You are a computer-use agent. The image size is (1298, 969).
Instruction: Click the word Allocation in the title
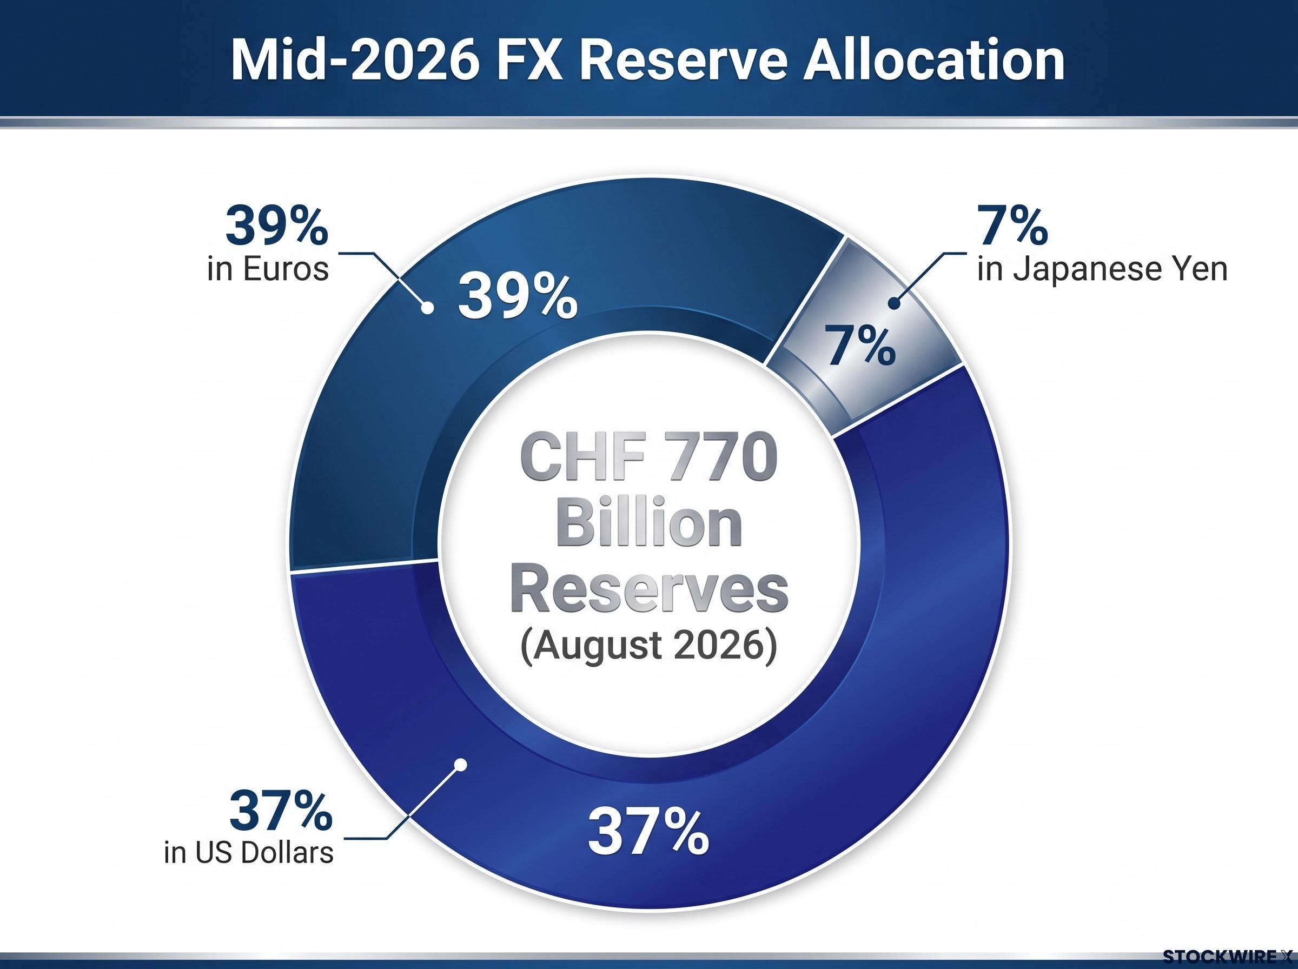[x=933, y=61]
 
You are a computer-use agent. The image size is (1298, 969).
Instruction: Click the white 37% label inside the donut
[x=648, y=831]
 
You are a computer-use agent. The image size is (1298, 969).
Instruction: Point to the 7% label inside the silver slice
[x=860, y=346]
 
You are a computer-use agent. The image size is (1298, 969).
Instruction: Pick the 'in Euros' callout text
[x=268, y=269]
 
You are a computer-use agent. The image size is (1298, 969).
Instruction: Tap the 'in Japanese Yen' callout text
[x=1102, y=269]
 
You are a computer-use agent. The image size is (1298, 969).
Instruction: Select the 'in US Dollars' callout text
[x=249, y=852]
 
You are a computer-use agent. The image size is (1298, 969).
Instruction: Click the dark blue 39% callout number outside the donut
[x=277, y=225]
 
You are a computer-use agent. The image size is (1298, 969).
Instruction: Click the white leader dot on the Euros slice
[x=428, y=307]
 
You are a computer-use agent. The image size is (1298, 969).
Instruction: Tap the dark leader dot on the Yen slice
[x=894, y=303]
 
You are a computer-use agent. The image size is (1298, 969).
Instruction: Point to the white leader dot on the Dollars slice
[x=461, y=764]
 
